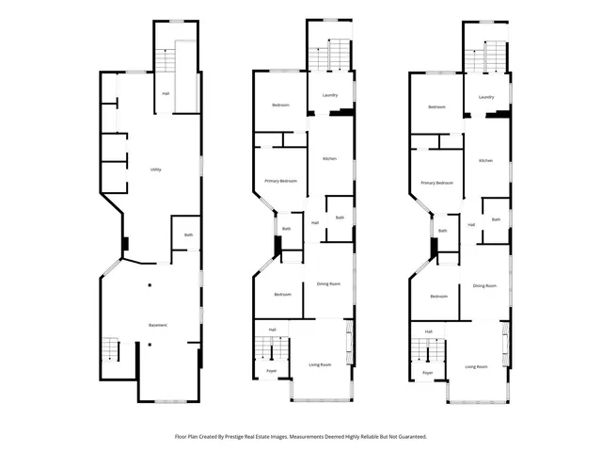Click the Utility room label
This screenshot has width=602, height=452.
tap(156, 169)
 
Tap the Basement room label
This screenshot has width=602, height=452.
tap(158, 325)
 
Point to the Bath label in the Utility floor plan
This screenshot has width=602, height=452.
tap(188, 234)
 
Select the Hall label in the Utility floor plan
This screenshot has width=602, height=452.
tap(166, 93)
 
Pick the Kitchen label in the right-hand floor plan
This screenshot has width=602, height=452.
tap(485, 161)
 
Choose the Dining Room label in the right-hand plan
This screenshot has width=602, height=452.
tap(485, 284)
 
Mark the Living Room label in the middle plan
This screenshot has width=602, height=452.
tap(320, 364)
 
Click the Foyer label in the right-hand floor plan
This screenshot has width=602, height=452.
tap(427, 373)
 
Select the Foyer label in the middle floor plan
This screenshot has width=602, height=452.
tap(271, 372)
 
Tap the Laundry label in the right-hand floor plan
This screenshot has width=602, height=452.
tap(486, 97)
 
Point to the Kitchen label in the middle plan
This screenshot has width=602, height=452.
tap(329, 159)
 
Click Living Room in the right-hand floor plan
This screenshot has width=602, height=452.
tap(476, 366)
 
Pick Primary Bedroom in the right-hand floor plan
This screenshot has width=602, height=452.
tap(437, 183)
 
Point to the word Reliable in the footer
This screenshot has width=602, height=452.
tap(371, 437)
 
